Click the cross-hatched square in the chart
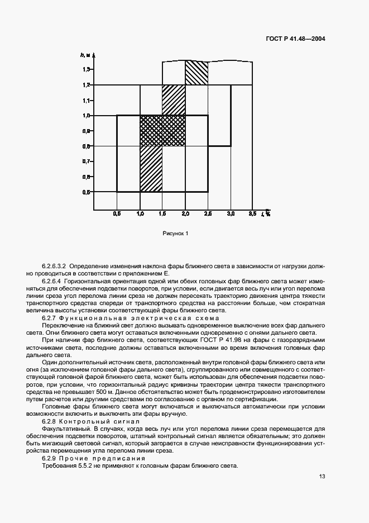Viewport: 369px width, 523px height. (162, 131)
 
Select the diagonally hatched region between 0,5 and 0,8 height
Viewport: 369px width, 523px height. (151, 169)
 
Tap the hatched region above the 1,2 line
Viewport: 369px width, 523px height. (197, 73)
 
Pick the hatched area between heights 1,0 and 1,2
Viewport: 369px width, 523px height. (174, 100)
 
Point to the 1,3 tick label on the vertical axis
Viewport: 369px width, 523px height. (87, 69)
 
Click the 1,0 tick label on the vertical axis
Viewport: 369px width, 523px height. (87, 116)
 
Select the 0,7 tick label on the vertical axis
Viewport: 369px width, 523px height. (87, 161)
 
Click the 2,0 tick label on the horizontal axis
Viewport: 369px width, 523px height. (185, 214)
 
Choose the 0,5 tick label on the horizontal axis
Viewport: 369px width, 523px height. (117, 214)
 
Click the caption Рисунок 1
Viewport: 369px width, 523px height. (176, 234)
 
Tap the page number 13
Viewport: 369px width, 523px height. (322, 476)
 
